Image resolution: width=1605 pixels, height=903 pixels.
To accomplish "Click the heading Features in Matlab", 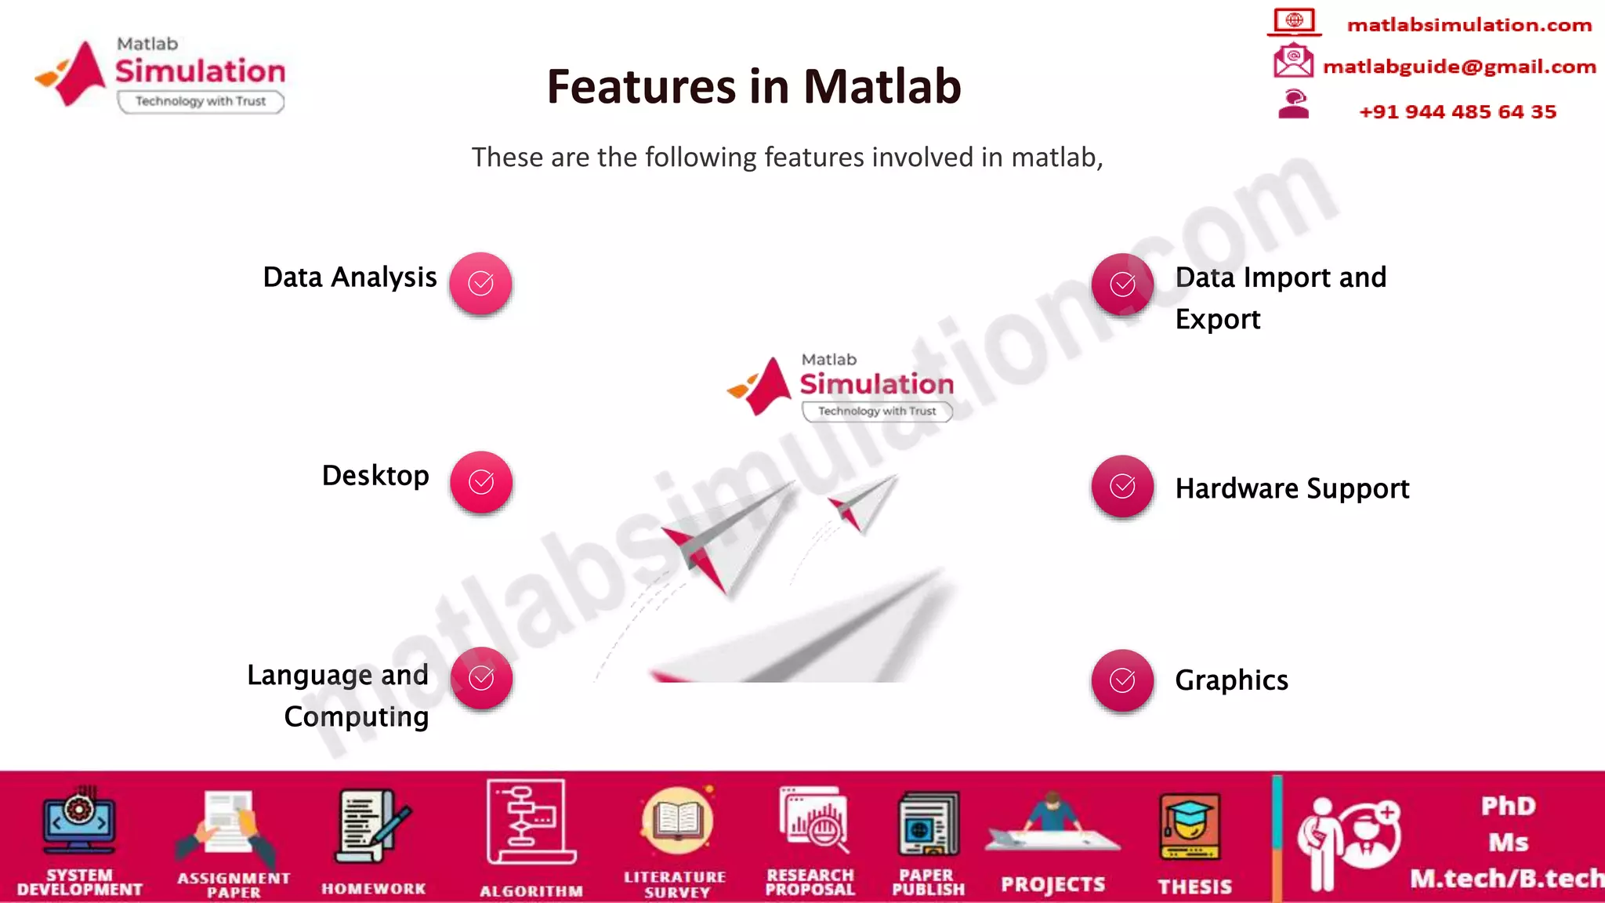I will tap(753, 86).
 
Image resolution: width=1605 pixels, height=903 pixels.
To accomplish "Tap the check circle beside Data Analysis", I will tap(480, 283).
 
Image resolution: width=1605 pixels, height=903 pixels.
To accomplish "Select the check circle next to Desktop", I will tap(480, 482).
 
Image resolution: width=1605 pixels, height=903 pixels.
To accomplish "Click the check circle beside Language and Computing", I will tap(480, 678).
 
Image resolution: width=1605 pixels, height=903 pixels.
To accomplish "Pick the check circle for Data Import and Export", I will tap(1122, 284).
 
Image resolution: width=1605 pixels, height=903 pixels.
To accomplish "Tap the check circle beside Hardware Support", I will tap(1122, 486).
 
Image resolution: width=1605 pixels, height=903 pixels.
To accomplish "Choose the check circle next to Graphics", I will tap(1122, 680).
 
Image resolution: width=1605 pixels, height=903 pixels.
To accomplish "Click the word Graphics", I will tap(1231, 680).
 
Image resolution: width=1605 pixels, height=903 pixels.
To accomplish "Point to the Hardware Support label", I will tap(1292, 488).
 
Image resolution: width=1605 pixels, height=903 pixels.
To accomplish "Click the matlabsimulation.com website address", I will tap(1469, 25).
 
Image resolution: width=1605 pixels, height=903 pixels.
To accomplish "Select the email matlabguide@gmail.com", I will tap(1458, 67).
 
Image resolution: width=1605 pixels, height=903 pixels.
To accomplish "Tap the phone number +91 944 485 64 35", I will tap(1457, 111).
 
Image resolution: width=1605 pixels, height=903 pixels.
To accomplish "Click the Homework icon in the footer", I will tap(373, 827).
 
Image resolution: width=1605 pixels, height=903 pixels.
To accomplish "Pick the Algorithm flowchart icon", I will tap(530, 823).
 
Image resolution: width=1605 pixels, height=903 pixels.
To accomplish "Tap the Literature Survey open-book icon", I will tap(676, 821).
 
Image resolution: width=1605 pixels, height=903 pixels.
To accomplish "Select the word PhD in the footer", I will tap(1508, 806).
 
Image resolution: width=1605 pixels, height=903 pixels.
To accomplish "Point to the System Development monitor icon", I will tap(78, 821).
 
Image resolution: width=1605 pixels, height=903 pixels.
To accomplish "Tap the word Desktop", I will tap(375, 476).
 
